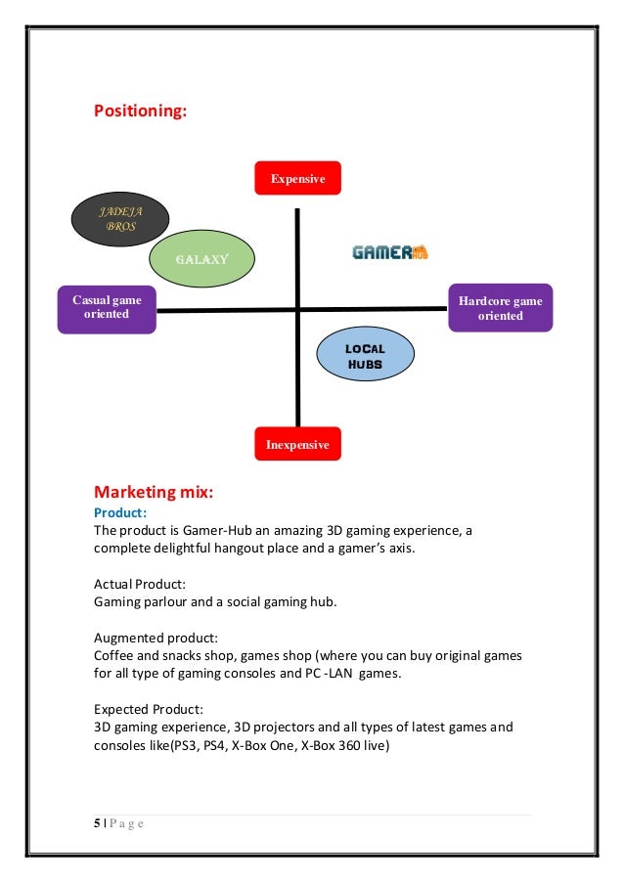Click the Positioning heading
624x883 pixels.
tap(140, 111)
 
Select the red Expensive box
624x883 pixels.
tap(297, 178)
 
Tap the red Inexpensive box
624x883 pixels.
tap(297, 444)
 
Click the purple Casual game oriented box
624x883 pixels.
tap(106, 308)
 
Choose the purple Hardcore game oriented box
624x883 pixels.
tap(500, 308)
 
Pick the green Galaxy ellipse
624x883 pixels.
tap(201, 259)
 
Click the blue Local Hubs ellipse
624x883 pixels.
tap(365, 357)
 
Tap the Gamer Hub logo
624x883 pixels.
tap(389, 251)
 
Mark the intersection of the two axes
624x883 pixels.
tap(296, 310)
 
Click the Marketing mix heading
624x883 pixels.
tap(154, 490)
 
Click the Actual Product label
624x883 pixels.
tap(140, 583)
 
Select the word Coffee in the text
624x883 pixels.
tap(115, 654)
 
